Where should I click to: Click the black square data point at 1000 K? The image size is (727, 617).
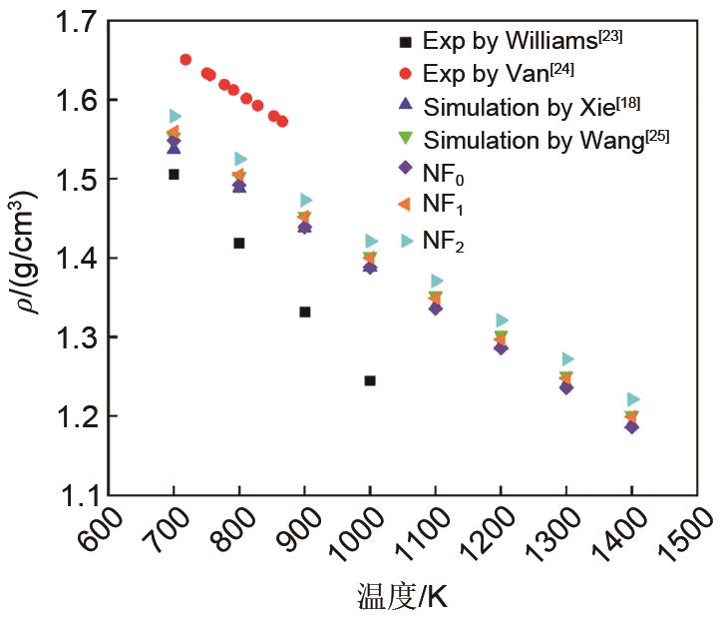[x=370, y=380]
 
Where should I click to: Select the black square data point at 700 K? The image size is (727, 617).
[x=174, y=174]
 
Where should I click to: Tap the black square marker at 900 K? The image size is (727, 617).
[x=305, y=311]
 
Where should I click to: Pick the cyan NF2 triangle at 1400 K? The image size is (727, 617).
[x=632, y=399]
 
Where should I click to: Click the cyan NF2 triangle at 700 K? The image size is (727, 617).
[x=176, y=117]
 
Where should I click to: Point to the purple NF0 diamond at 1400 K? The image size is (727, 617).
[x=631, y=426]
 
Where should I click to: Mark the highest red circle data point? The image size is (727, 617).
[x=185, y=60]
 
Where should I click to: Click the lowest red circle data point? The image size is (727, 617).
[x=282, y=122]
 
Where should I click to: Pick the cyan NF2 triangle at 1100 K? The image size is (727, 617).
[x=437, y=281]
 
